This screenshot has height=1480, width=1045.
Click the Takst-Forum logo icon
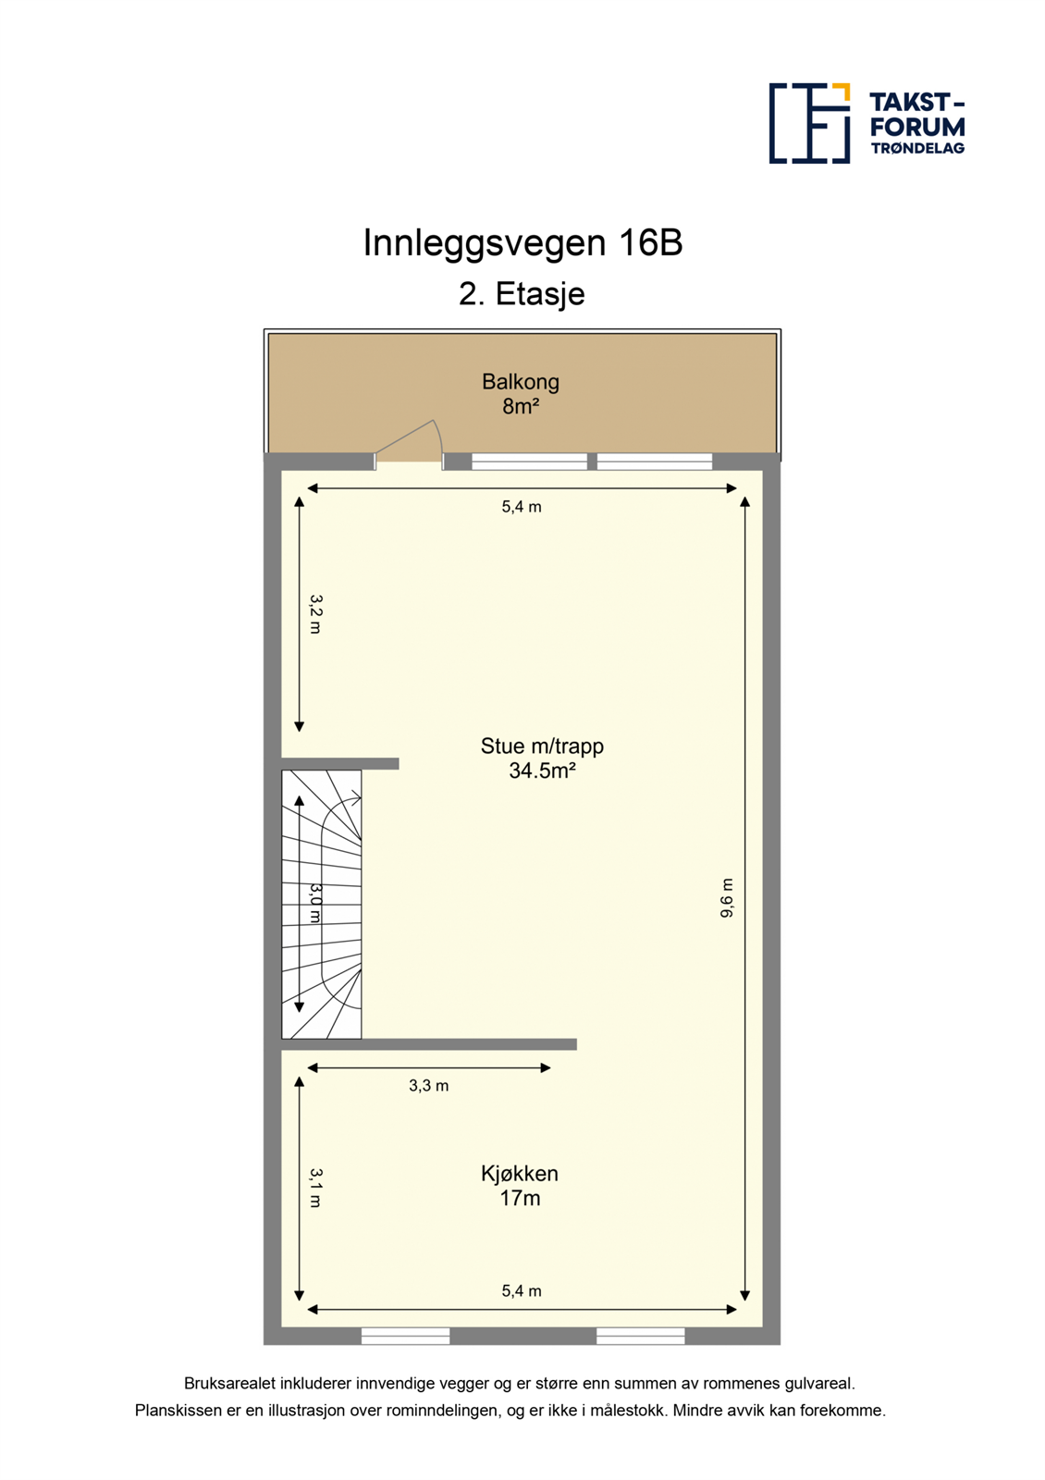click(809, 123)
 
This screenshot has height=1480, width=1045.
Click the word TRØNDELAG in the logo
click(917, 148)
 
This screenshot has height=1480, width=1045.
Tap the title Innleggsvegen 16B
click(522, 243)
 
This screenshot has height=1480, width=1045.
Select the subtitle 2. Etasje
click(522, 294)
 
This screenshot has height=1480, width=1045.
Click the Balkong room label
click(521, 381)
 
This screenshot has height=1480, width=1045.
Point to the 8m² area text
click(521, 406)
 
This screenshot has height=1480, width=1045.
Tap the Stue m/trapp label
click(542, 746)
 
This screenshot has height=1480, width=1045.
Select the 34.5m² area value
click(542, 771)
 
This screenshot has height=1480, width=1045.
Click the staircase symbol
click(322, 904)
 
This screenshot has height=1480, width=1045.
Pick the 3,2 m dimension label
click(315, 614)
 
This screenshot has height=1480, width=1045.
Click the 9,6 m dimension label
click(727, 898)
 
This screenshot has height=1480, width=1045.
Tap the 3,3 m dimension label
click(429, 1086)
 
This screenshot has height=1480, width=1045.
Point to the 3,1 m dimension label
click(315, 1188)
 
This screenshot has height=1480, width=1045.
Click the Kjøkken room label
click(520, 1174)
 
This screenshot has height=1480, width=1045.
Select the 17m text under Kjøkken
click(520, 1199)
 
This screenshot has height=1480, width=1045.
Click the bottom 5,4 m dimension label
click(522, 1291)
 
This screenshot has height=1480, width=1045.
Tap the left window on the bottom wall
click(405, 1336)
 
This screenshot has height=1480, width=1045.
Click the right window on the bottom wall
click(640, 1336)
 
